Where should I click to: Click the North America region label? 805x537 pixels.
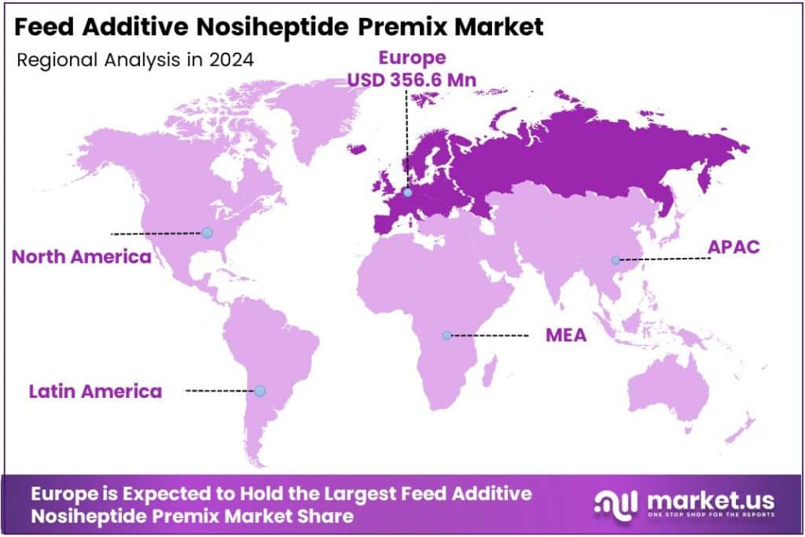[81, 257]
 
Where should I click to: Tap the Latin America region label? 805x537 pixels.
[95, 391]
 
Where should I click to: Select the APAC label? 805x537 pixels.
[733, 246]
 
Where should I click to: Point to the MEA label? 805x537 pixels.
[566, 335]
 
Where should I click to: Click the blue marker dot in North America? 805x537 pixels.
[207, 233]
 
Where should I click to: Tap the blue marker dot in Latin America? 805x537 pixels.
[260, 391]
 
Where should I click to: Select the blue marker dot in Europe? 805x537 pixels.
[407, 193]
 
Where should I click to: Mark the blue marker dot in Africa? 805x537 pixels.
[447, 335]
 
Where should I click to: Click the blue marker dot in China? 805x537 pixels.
[616, 259]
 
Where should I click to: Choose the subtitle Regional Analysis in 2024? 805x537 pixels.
[134, 60]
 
